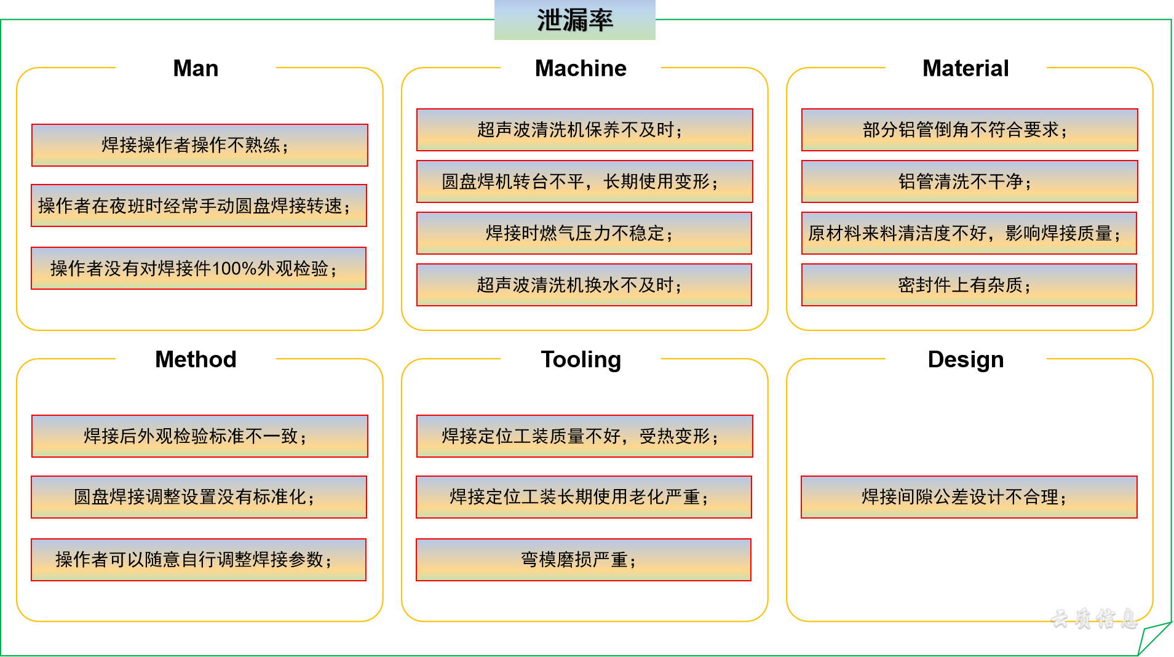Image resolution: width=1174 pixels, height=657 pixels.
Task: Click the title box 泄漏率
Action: click(574, 20)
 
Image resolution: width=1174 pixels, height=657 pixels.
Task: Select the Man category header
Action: click(196, 68)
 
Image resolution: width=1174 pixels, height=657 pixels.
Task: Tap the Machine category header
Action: click(581, 68)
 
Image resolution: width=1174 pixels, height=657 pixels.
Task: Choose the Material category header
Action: click(966, 68)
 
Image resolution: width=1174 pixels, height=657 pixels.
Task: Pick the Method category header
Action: click(196, 359)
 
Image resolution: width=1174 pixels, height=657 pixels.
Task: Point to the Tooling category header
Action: click(581, 359)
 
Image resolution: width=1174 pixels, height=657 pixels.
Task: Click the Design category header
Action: click(966, 359)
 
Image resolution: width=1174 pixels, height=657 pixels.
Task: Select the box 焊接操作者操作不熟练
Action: click(199, 145)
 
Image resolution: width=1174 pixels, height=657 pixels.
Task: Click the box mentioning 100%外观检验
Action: click(198, 268)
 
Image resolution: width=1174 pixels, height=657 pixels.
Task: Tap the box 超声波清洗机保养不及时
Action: click(584, 130)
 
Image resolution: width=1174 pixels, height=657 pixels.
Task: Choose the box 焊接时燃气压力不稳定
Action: click(584, 233)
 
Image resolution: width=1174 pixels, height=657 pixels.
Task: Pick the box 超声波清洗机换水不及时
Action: click(584, 285)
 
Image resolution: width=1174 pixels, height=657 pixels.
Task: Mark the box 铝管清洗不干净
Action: click(969, 181)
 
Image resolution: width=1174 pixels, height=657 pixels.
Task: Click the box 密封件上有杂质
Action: click(969, 285)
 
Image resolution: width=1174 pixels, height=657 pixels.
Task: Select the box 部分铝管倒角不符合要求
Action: click(969, 130)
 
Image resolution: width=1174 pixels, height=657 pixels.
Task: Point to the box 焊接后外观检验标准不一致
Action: click(199, 436)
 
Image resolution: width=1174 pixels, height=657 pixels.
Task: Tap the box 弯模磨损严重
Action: click(583, 560)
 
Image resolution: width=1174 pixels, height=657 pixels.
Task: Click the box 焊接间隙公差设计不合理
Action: click(969, 497)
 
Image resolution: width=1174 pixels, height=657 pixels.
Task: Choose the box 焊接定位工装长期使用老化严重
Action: click(584, 497)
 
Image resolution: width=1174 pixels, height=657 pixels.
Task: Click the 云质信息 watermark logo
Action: click(1093, 618)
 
